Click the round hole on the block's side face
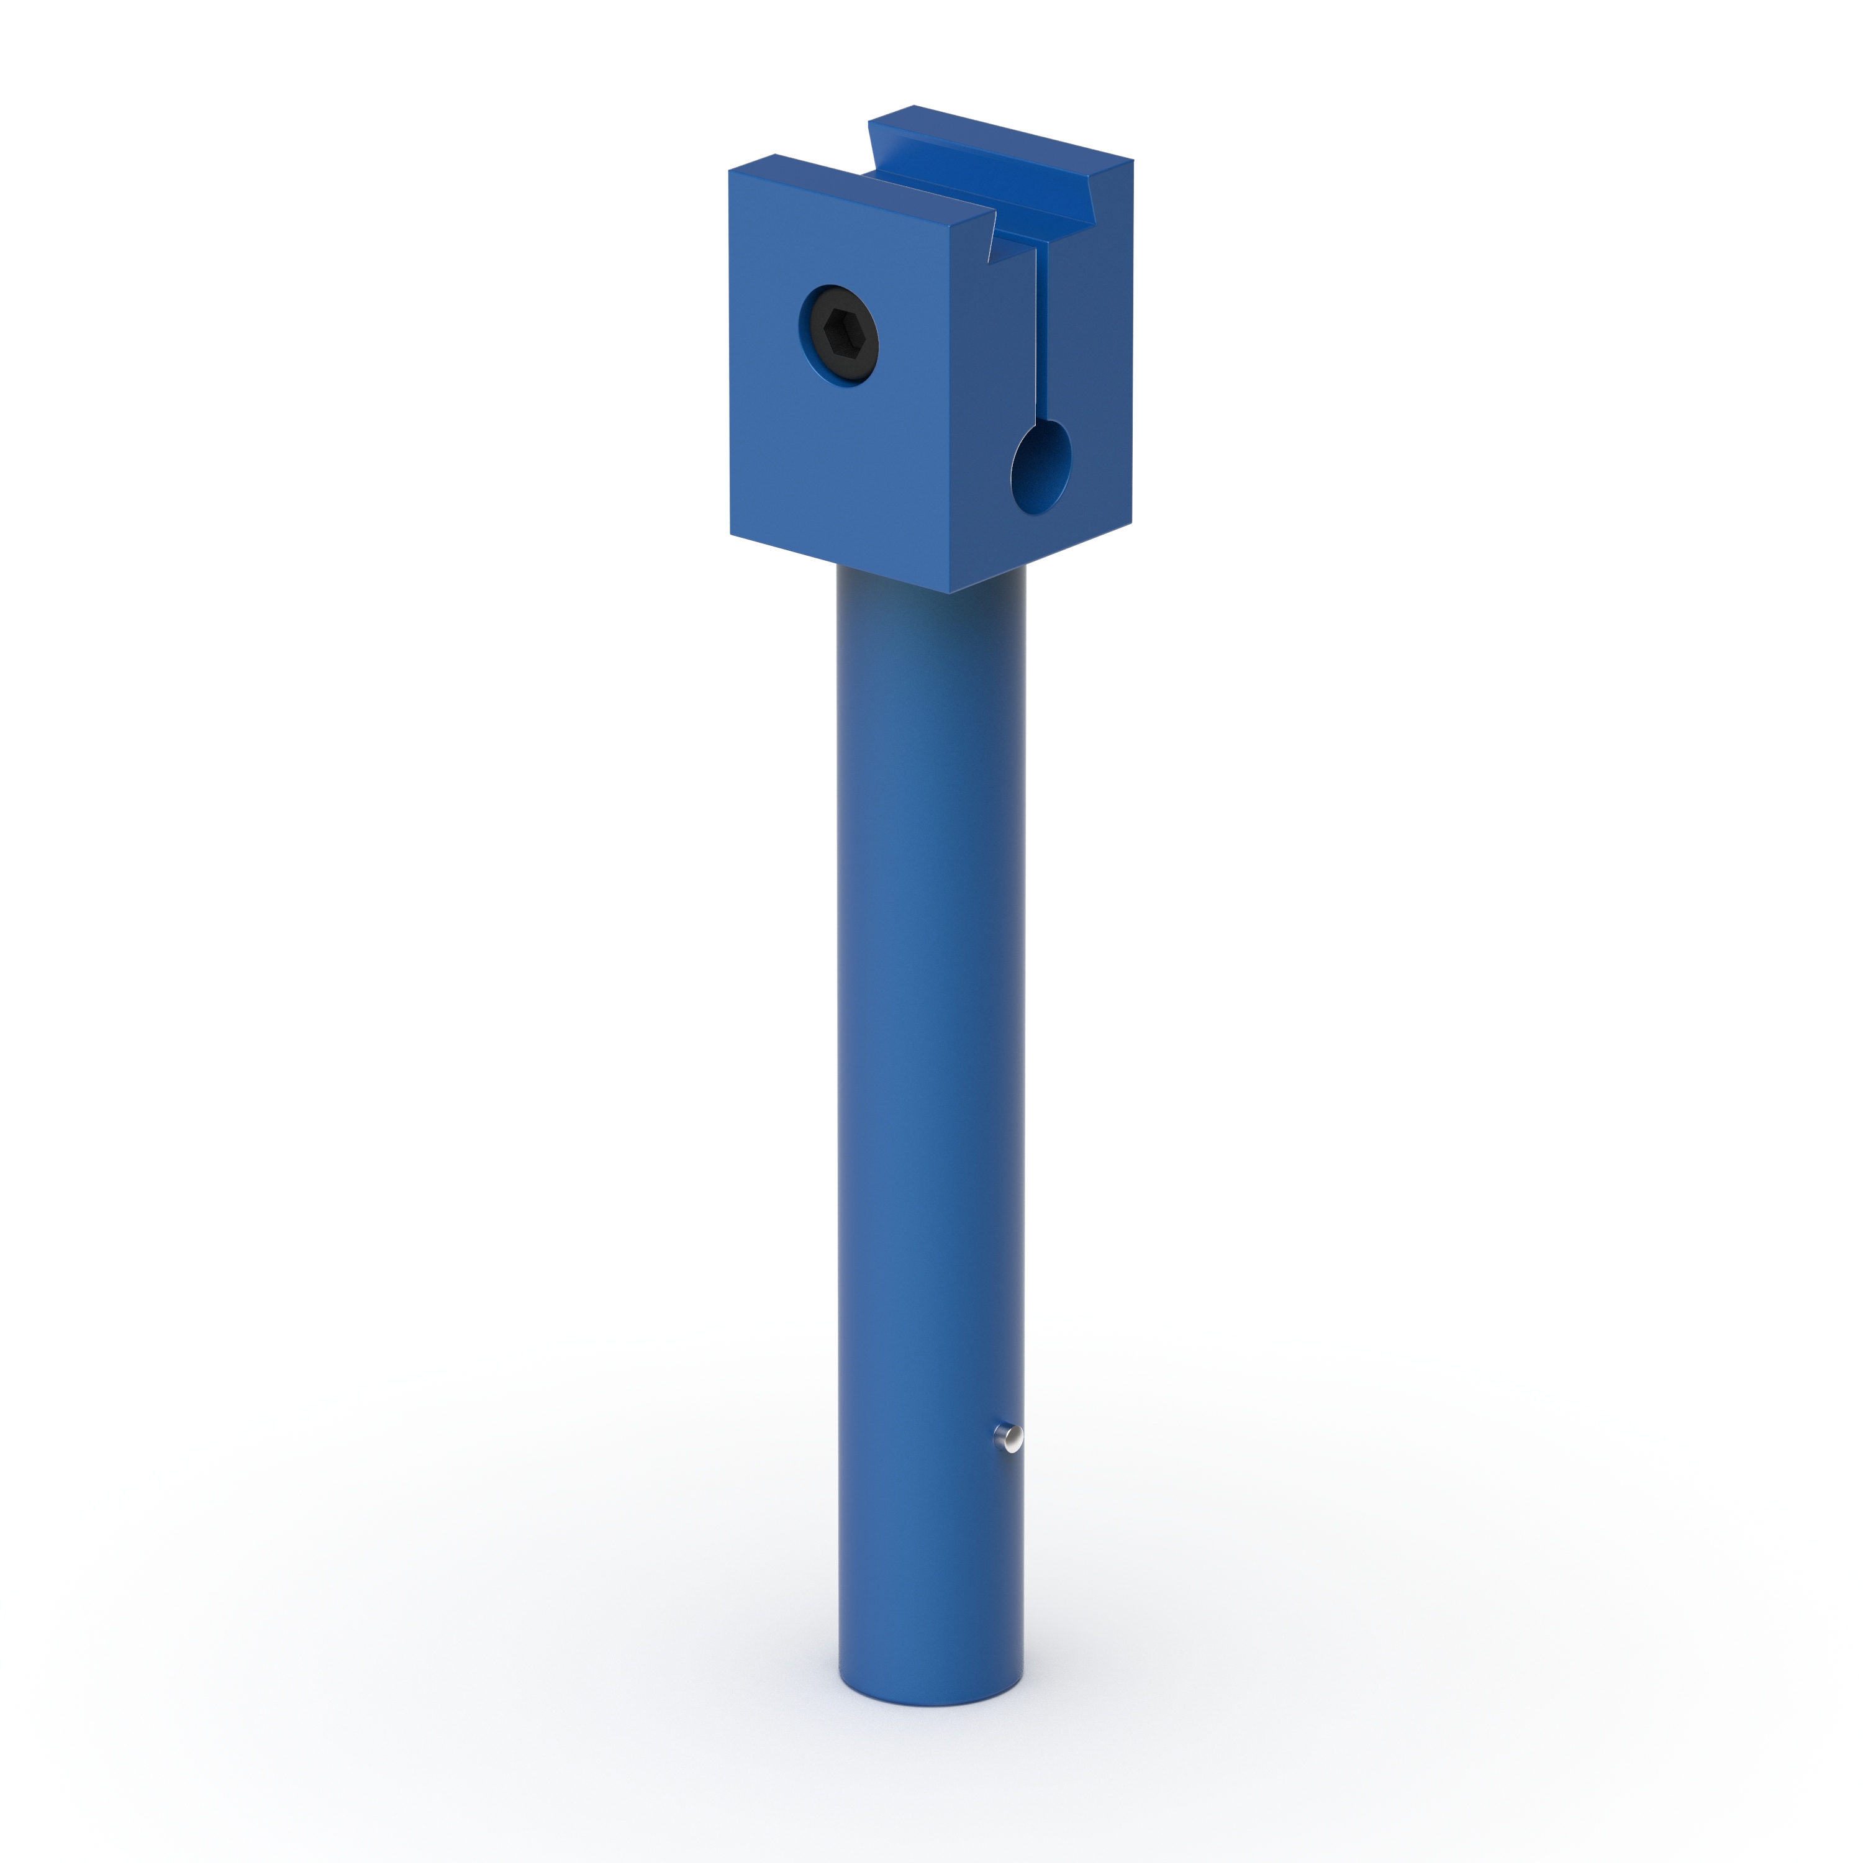point(1041,467)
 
